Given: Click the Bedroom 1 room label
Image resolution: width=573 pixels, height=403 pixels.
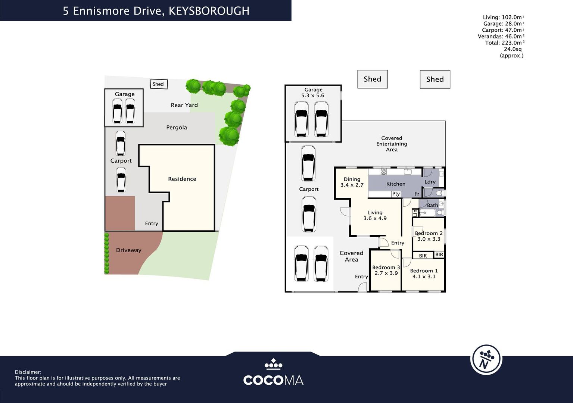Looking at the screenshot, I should pos(424,271).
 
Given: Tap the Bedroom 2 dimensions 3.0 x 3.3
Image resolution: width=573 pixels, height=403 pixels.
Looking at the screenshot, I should pos(429,239).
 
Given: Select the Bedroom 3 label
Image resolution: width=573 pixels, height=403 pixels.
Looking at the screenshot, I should pos(386,268).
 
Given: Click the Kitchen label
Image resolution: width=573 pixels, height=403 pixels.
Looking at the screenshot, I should pos(396,184).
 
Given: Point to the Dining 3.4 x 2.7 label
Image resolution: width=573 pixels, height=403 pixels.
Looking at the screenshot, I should pos(352,182).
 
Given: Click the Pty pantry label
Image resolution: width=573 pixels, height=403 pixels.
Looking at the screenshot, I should pos(396,194).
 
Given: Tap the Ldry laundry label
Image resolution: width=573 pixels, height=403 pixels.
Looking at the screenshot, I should pos(430,182).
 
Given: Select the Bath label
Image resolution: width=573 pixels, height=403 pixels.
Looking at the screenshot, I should pos(432,205).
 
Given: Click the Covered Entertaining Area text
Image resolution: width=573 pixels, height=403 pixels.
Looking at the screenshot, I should pos(392,144).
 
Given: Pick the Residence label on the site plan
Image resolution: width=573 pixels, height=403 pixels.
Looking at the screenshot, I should pos(182,179).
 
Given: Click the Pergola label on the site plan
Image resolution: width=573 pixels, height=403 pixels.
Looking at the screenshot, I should pos(177,128).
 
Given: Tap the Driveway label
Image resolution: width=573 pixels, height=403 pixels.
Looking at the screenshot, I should pos(128,250).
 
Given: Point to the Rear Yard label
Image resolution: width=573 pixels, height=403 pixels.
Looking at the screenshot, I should pos(184,105).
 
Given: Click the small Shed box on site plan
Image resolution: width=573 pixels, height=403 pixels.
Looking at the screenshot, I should pos(158,84).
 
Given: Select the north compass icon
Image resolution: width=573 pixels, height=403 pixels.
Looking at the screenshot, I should pos(486,360).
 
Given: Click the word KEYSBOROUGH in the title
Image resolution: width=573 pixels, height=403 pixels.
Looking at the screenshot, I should pos(209,11).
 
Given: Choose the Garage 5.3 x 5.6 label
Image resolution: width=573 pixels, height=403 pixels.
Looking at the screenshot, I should pos(313,93).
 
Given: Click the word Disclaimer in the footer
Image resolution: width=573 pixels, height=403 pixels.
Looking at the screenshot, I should pos(28,372).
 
